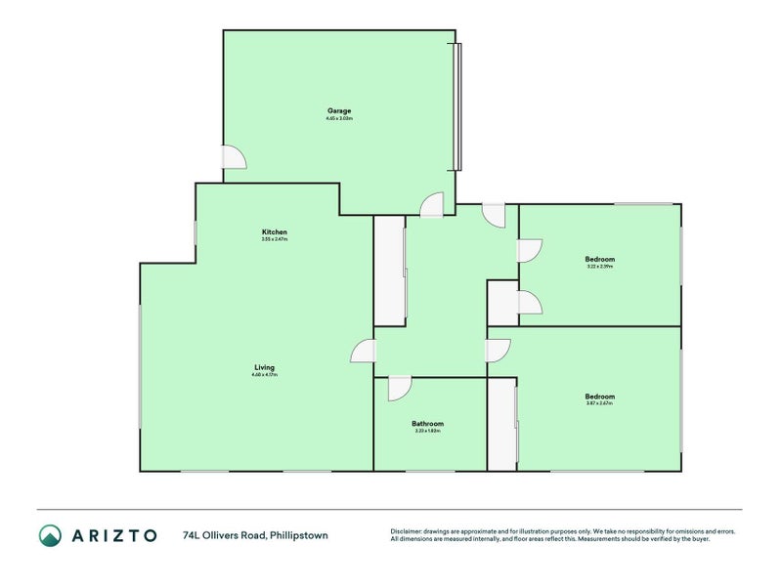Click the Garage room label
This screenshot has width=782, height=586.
(x=339, y=110)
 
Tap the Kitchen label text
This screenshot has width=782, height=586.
(x=274, y=231)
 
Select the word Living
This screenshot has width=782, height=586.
(x=264, y=367)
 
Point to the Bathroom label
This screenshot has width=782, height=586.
(x=428, y=423)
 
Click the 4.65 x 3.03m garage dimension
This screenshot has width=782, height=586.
(x=339, y=119)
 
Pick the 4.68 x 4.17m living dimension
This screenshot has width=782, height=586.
(x=264, y=375)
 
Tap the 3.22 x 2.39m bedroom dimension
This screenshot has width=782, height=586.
(x=599, y=267)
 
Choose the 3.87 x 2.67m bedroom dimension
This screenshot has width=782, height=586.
(x=599, y=403)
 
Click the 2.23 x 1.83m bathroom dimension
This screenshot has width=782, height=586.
(x=428, y=431)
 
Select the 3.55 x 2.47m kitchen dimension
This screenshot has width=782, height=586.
(x=274, y=239)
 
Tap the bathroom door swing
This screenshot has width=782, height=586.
(x=398, y=389)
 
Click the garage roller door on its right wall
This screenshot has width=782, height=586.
(x=457, y=107)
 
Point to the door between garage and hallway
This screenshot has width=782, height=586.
(x=431, y=204)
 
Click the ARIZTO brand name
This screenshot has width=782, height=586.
(x=113, y=535)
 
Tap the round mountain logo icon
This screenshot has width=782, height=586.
(x=50, y=535)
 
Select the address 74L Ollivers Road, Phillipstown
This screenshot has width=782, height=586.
(x=255, y=535)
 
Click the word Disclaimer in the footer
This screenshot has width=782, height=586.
(x=409, y=530)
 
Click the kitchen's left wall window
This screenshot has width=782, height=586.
(x=195, y=232)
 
